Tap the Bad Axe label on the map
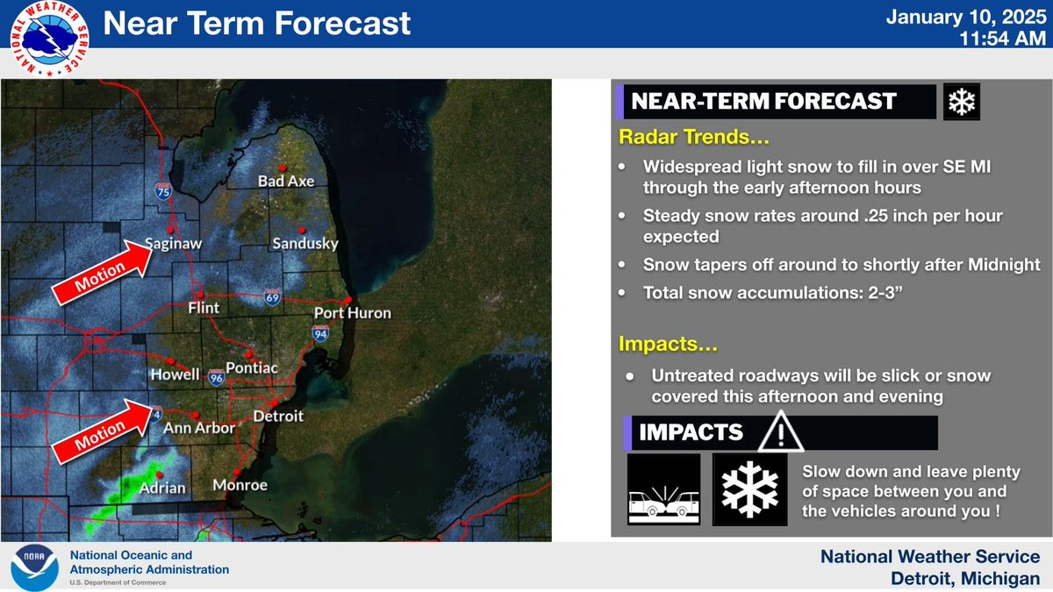pyautogui.click(x=285, y=182)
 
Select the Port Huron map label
pyautogui.click(x=353, y=313)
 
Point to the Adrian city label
pyautogui.click(x=162, y=487)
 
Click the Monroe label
pyautogui.click(x=240, y=485)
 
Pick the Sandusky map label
pyautogui.click(x=304, y=244)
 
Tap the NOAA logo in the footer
pyautogui.click(x=34, y=568)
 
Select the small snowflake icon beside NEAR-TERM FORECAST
pyautogui.click(x=962, y=102)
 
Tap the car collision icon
pyautogui.click(x=663, y=489)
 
